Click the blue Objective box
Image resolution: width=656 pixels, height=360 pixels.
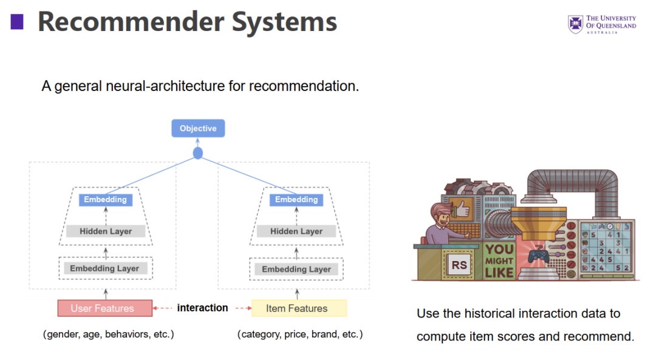(x=198, y=128)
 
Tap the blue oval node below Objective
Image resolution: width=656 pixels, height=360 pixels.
(x=197, y=153)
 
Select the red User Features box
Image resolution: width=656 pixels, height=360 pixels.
(x=105, y=308)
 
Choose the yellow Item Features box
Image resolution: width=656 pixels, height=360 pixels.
(x=299, y=308)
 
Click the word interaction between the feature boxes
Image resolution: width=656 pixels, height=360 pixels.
(x=202, y=308)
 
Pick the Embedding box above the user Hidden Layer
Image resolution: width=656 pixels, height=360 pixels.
(x=105, y=200)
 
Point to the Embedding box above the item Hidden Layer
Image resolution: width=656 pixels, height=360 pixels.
(x=296, y=200)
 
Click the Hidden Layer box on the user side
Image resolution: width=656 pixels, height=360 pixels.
(x=106, y=231)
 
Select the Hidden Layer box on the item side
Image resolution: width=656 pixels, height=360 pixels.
(x=296, y=231)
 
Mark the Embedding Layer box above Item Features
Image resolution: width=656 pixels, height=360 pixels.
(x=296, y=269)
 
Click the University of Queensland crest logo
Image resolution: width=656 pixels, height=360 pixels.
(x=575, y=24)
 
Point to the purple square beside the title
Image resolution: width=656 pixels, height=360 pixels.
(x=17, y=22)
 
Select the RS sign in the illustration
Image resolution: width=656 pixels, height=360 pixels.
(x=459, y=265)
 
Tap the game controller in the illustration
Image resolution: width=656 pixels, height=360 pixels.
(x=538, y=256)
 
